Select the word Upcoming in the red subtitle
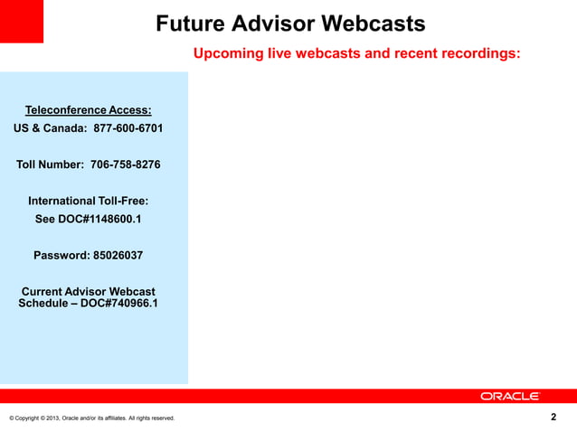(x=229, y=53)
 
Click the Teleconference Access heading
(x=88, y=110)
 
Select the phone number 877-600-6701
(x=128, y=128)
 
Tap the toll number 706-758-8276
(x=126, y=164)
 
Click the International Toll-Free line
(x=88, y=201)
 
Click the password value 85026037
(x=118, y=255)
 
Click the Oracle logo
(x=509, y=396)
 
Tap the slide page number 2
(x=553, y=417)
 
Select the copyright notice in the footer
(x=91, y=418)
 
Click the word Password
(x=61, y=255)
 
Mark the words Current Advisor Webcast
(x=88, y=292)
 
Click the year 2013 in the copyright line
(x=49, y=418)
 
